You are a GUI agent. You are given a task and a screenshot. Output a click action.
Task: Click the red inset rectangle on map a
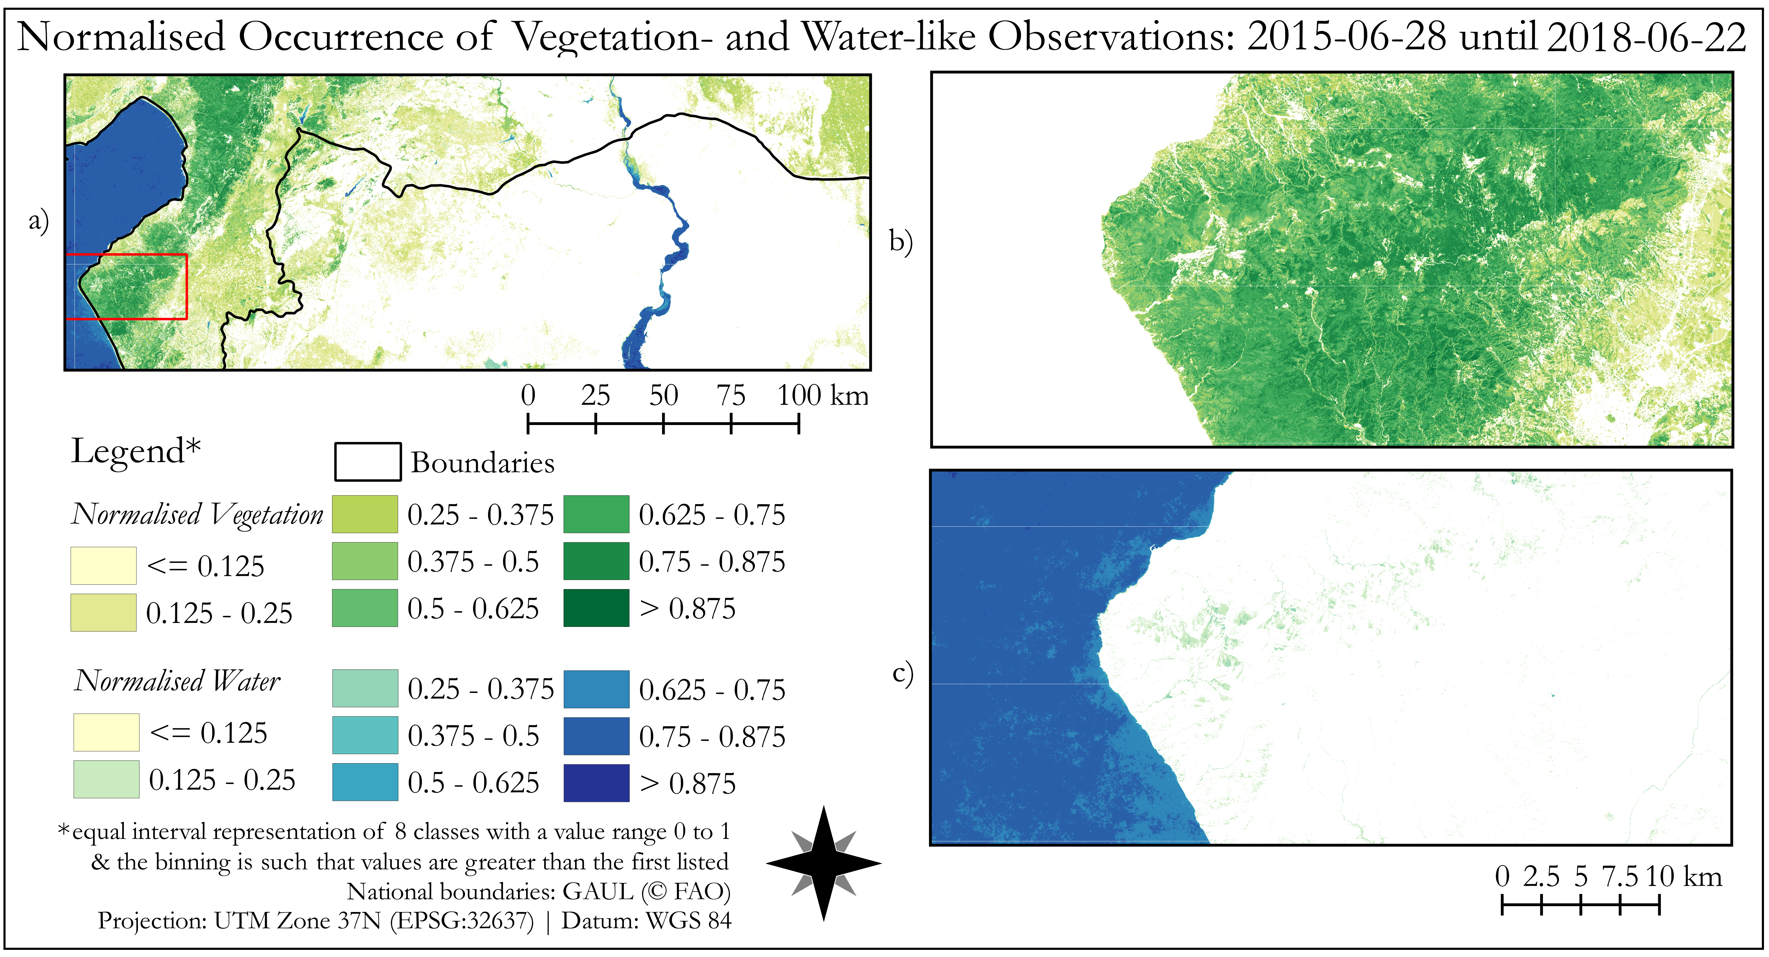click(x=187, y=286)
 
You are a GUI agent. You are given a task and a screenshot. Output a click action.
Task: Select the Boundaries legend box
click(x=367, y=462)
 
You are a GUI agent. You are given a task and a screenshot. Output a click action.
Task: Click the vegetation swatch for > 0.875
click(x=596, y=608)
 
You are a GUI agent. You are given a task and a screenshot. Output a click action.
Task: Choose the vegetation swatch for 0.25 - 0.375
click(x=365, y=514)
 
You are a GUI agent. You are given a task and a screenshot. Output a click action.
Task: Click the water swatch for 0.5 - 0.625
click(x=365, y=783)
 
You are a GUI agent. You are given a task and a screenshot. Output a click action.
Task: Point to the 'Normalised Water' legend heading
click(x=177, y=681)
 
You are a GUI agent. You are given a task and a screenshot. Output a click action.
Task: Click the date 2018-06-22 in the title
click(x=1646, y=37)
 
